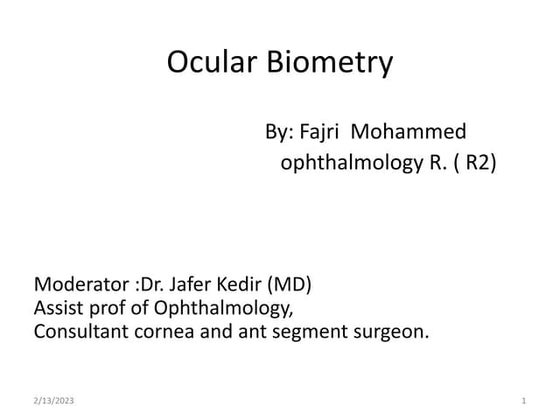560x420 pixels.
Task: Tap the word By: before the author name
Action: (x=279, y=132)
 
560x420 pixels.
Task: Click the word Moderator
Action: (x=80, y=285)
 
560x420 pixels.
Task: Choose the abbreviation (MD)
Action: (x=297, y=285)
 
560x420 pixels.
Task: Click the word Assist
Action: (x=59, y=307)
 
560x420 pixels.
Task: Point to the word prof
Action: (x=110, y=307)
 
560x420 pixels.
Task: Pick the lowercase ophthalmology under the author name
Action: (x=351, y=164)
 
